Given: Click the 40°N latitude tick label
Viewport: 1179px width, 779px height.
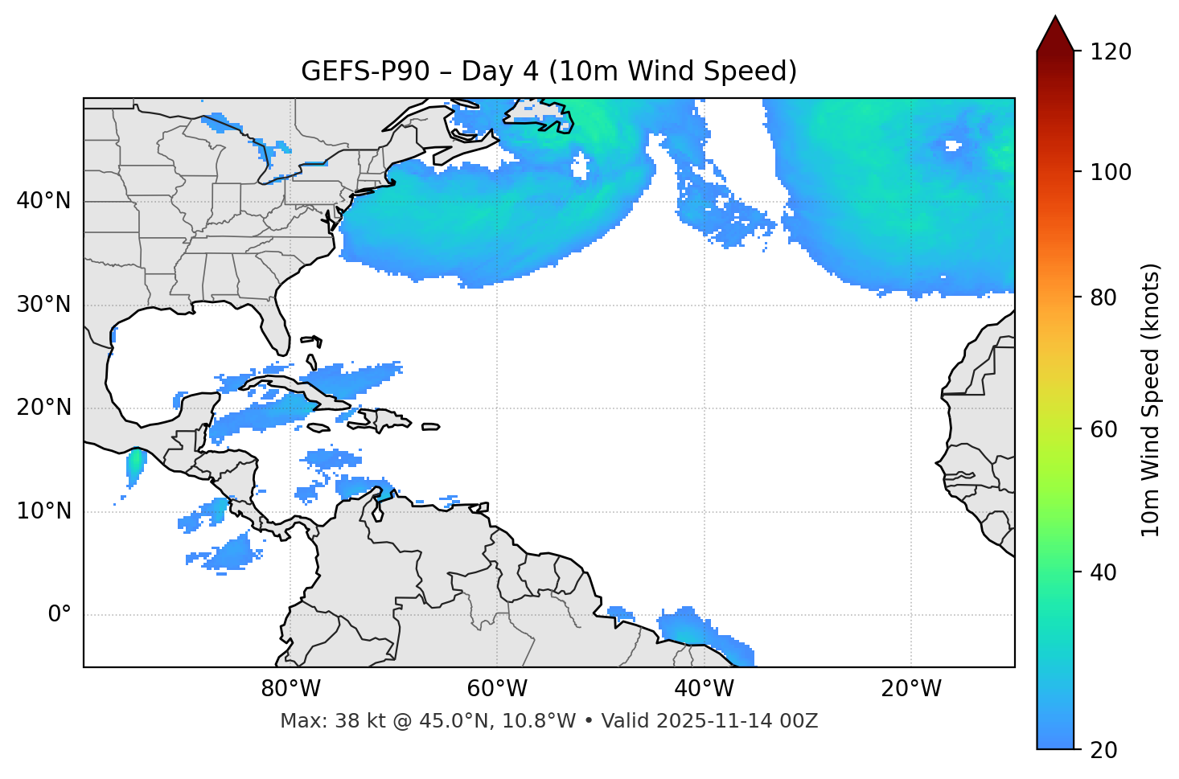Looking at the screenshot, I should coord(43,201).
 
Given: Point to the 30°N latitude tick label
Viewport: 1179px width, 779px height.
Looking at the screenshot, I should coord(43,305).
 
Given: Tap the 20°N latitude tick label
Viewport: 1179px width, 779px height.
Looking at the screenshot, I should coord(43,408).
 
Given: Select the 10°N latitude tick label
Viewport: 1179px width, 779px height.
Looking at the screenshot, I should coord(43,511).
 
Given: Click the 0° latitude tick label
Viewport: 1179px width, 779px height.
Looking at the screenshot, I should coord(60,615).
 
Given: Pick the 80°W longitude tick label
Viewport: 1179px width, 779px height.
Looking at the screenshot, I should coord(290,689).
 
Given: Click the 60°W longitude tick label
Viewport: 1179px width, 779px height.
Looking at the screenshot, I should coord(497,689).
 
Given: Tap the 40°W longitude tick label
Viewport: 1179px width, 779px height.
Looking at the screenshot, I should coord(704,689).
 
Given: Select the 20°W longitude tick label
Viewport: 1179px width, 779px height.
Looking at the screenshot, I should coord(911,689).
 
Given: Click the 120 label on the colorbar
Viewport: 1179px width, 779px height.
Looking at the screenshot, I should coord(1111,51).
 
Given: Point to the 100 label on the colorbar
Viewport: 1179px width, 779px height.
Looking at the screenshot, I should coord(1111,172).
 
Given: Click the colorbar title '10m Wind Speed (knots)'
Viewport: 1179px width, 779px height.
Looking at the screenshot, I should coord(1151,400).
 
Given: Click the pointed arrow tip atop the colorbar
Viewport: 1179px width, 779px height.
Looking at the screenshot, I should coord(1054,19).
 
